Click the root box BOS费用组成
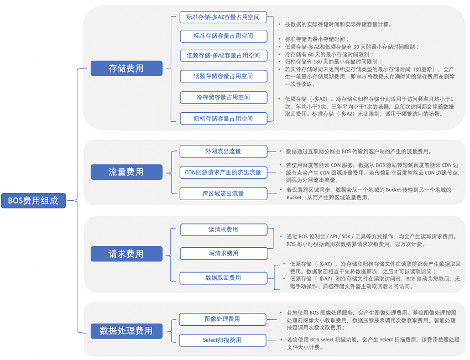coord(33,201)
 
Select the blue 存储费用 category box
coord(127,69)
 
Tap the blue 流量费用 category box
coord(127,172)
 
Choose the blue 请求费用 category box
coord(127,254)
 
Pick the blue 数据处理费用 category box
coord(127,331)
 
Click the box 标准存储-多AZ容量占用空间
coord(223,17)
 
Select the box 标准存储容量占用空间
coord(223,36)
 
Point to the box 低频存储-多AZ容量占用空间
coord(223,56)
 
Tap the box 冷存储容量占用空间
coord(223,97)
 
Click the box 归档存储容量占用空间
coord(223,118)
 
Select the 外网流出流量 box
coord(223,152)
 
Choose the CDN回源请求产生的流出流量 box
coord(223,173)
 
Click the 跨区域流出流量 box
coord(223,194)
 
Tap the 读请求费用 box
coord(223,229)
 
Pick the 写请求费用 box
coord(223,254)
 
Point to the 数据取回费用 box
coord(223,278)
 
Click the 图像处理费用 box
coord(223,319)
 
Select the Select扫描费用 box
coord(223,340)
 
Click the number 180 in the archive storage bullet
coord(317,62)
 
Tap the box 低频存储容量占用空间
coord(223,76)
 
